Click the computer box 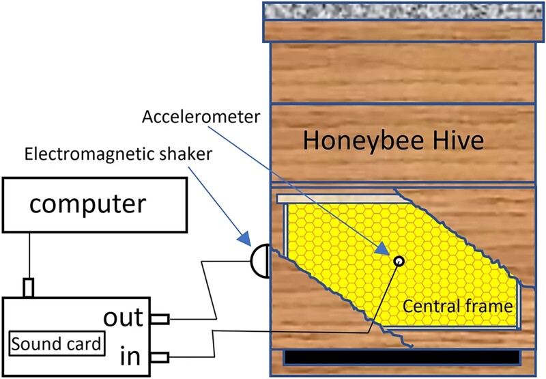point(95,204)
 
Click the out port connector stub point(159,318)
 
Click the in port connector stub point(159,356)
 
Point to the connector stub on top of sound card point(28,288)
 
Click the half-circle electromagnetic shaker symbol point(259,260)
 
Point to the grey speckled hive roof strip point(399,11)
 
